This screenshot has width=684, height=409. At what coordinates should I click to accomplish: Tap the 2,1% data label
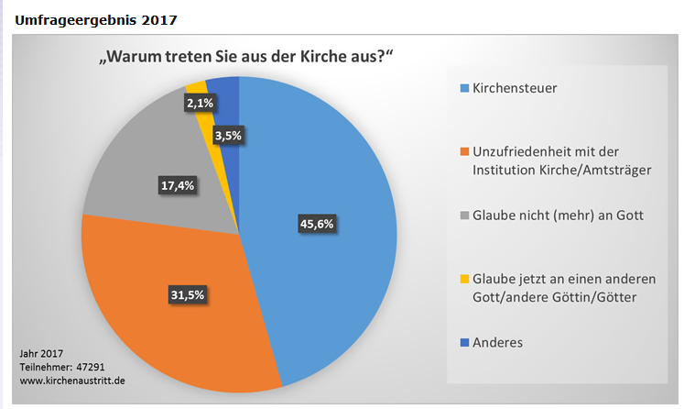tap(199, 104)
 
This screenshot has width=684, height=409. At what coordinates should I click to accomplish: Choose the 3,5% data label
tap(227, 137)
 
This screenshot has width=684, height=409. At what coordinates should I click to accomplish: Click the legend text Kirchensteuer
tap(515, 89)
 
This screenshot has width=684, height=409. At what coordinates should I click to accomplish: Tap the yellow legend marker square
tap(465, 279)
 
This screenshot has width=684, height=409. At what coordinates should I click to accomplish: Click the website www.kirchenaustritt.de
tap(73, 379)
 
